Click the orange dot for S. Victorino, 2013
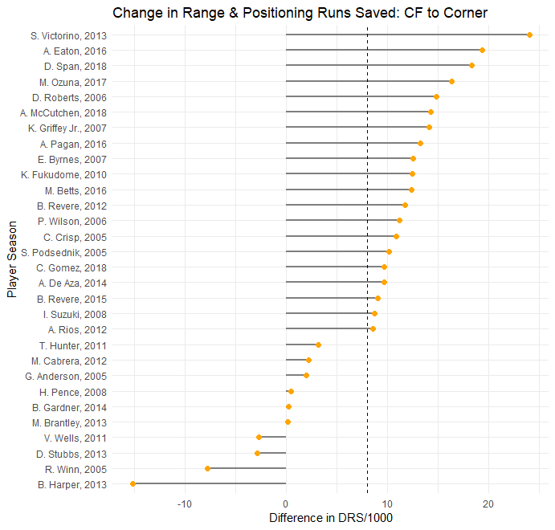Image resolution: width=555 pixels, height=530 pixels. (529, 35)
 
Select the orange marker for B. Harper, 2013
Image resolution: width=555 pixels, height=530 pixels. (133, 484)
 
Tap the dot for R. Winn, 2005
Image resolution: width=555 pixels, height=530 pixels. (207, 468)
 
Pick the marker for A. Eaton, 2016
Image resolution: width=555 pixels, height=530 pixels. (482, 51)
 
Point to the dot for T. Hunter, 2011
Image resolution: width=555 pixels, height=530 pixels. (318, 344)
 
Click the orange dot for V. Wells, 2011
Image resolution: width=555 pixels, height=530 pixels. (259, 438)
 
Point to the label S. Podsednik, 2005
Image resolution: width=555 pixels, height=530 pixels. (75, 252)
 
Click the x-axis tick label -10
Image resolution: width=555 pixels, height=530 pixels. (185, 503)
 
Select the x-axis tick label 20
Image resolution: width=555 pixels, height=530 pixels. (488, 503)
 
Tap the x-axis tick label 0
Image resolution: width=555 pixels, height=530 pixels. (286, 503)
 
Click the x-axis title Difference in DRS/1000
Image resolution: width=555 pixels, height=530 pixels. (331, 518)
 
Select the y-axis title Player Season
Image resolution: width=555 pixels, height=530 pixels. (11, 260)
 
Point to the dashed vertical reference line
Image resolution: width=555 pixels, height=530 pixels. (367, 241)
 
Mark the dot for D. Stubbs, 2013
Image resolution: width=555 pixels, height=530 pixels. (257, 453)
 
